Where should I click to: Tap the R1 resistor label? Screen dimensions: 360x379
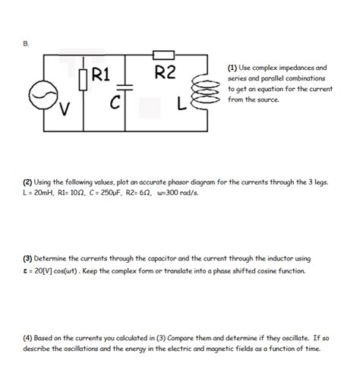102,74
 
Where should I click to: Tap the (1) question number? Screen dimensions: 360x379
233,68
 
